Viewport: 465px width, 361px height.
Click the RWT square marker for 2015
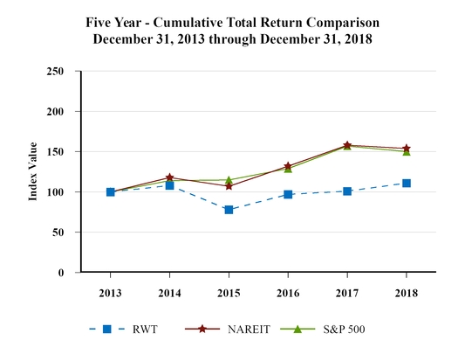point(229,210)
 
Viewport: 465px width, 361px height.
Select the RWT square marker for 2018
point(407,184)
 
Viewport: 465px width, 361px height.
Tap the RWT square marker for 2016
point(288,194)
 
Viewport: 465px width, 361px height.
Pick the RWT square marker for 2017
point(347,191)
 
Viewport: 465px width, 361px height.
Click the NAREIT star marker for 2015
point(229,186)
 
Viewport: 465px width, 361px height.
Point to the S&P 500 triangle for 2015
point(229,180)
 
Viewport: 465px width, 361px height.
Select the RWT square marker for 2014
point(169,185)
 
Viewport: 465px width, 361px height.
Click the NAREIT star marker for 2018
point(407,149)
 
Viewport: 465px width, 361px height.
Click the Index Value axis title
point(33,171)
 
